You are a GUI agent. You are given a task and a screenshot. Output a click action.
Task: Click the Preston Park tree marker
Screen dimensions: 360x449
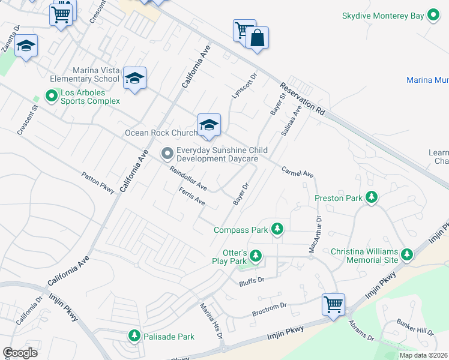tap(372, 197)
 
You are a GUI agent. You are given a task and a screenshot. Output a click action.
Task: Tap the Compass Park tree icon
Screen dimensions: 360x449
tap(277, 229)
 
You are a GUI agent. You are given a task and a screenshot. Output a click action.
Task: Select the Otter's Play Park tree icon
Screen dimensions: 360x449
tap(256, 256)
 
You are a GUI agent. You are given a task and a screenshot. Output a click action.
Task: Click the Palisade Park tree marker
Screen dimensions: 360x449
tap(135, 336)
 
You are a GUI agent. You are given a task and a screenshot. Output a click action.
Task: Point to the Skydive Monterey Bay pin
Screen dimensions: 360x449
tap(433, 16)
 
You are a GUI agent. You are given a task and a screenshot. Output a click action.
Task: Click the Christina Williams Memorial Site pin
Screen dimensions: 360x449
tap(407, 254)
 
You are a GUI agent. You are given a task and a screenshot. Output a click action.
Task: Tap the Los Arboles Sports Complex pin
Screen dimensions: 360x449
tap(52, 95)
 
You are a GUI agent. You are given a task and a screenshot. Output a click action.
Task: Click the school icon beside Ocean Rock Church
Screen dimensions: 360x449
tap(209, 125)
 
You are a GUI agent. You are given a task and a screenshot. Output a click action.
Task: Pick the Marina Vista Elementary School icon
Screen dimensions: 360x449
tap(135, 79)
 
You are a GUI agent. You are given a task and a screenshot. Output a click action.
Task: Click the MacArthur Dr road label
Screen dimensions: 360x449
tap(315, 234)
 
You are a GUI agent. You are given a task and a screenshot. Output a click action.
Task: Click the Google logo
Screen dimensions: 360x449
tap(20, 353)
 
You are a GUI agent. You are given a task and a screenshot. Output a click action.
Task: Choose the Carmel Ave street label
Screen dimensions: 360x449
tap(298, 172)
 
